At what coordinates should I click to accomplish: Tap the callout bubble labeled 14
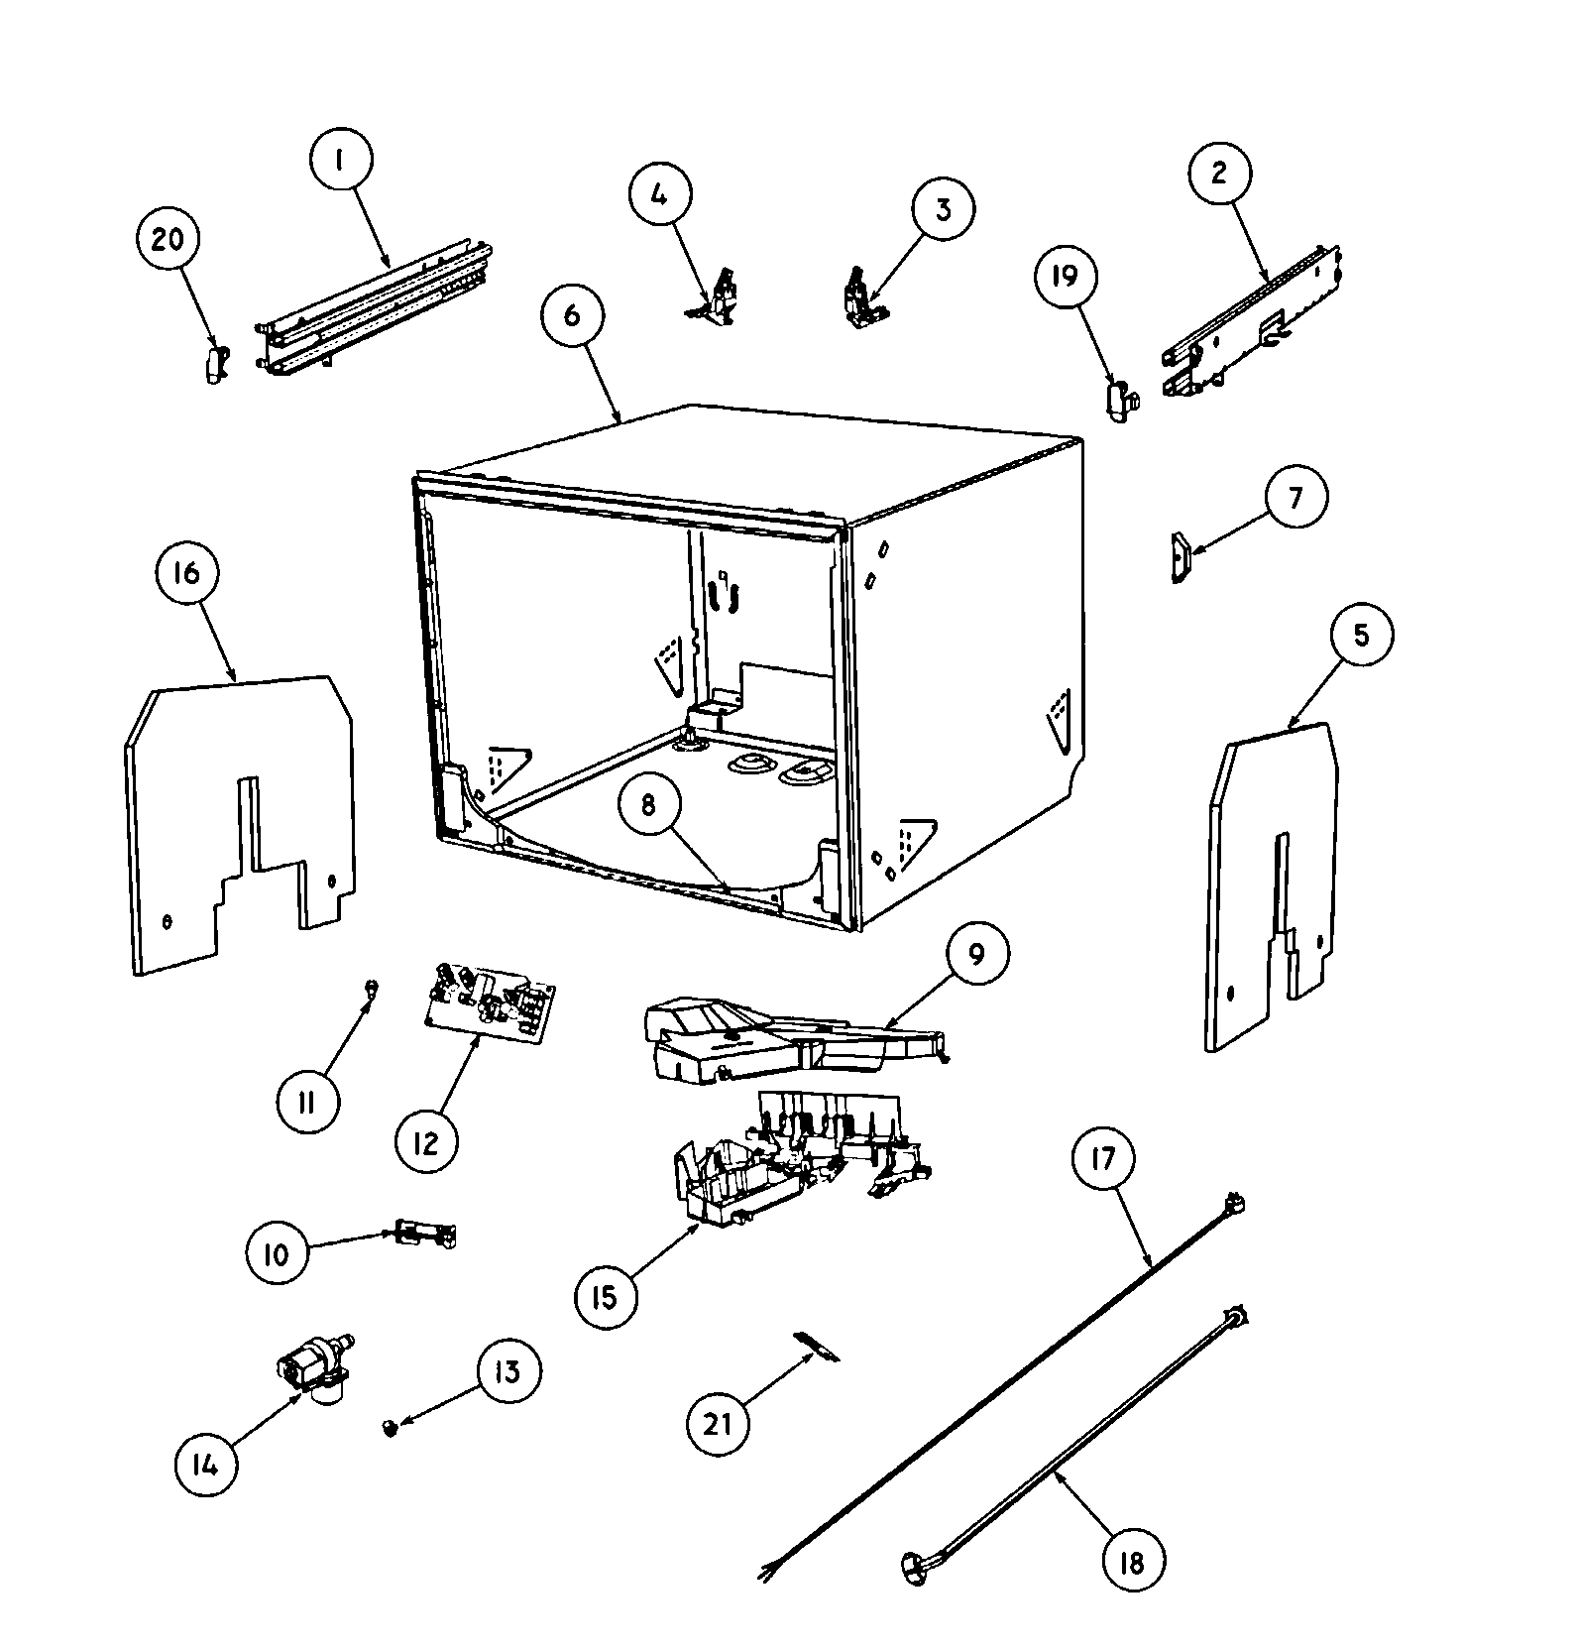coord(205,1464)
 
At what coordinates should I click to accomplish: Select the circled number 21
coord(718,1424)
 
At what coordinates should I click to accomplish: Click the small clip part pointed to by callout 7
coord(1179,559)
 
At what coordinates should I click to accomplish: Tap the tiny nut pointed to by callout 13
coord(390,1427)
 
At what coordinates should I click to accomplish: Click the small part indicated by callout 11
coord(371,987)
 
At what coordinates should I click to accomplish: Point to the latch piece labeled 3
coord(860,297)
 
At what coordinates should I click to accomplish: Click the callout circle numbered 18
coord(1131,1563)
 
